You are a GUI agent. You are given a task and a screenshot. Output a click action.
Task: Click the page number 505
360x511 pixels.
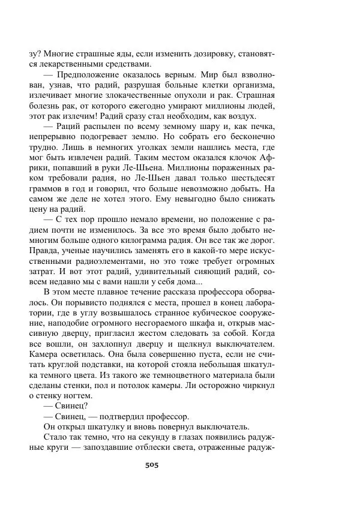point(151,465)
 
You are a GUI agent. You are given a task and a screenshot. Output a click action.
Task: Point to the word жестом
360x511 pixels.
point(158,331)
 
